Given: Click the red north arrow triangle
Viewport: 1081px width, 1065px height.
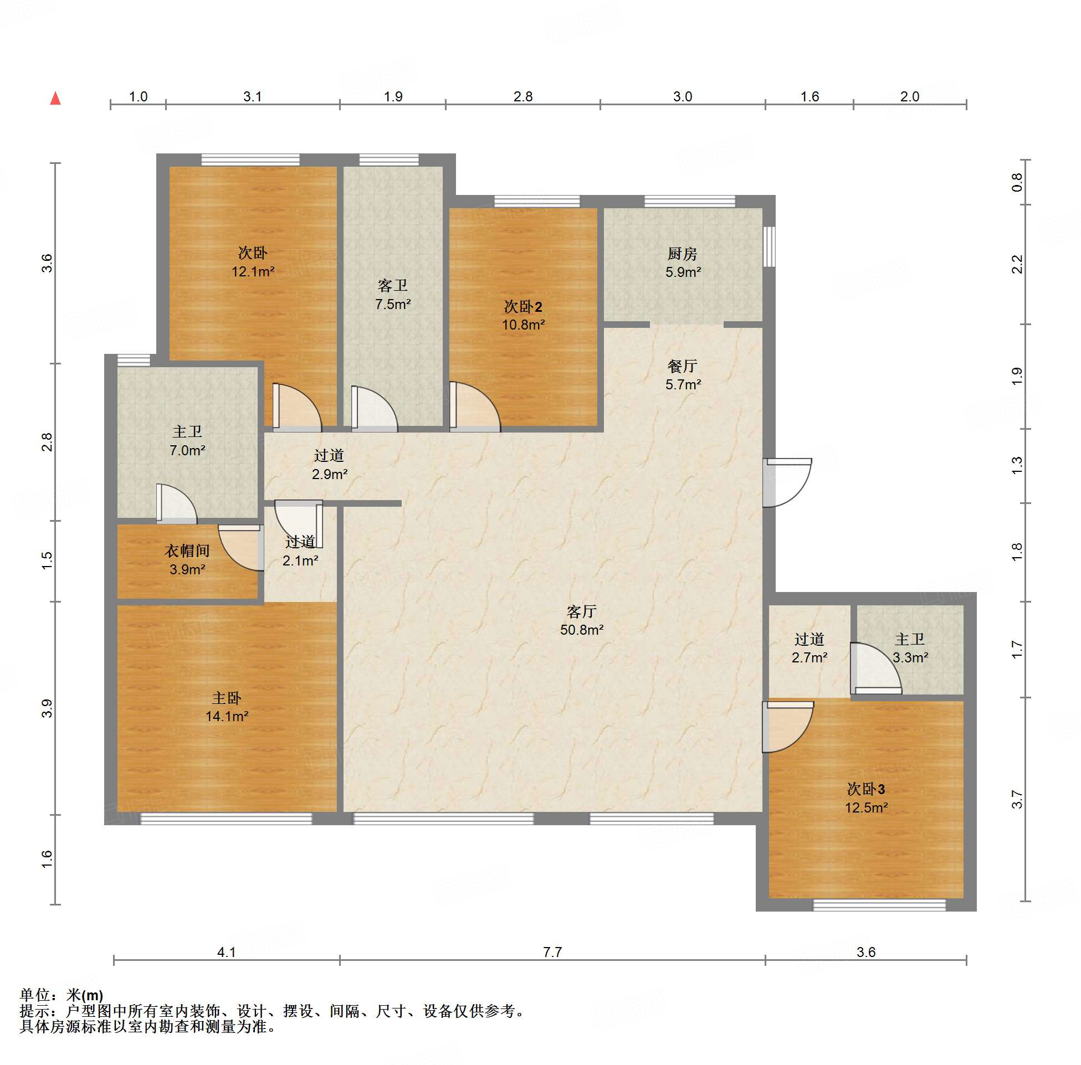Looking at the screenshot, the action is click(55, 99).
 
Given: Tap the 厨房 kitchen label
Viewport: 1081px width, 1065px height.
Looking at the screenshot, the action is click(683, 254).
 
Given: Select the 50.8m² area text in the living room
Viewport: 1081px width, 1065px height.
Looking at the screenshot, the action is click(582, 630).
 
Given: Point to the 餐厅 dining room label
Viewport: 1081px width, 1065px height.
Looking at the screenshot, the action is click(683, 367).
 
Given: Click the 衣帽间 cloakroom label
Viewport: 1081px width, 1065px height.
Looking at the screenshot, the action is click(187, 551).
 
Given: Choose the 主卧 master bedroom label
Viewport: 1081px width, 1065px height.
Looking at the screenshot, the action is click(227, 698).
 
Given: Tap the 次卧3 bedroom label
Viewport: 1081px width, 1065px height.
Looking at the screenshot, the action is click(866, 789).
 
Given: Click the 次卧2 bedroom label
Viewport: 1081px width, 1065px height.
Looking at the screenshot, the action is click(523, 306).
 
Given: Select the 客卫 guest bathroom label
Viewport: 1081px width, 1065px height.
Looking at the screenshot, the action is click(393, 286).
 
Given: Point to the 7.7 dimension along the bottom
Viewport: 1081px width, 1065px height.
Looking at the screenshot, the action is click(552, 952).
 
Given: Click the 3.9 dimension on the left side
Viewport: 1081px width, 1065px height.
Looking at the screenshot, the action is click(47, 708).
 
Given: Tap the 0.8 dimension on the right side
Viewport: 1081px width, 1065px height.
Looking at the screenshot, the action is click(1017, 182).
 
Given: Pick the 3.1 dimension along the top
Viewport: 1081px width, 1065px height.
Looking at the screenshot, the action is click(252, 96).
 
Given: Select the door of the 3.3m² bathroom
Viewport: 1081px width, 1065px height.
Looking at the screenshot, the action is click(876, 669).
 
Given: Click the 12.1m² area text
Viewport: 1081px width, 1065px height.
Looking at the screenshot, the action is click(253, 272).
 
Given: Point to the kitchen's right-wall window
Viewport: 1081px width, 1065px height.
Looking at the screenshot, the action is click(770, 246).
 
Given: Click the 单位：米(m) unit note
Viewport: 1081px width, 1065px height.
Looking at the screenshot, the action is click(62, 996).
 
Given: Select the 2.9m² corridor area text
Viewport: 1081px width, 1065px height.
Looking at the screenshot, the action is click(330, 474).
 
